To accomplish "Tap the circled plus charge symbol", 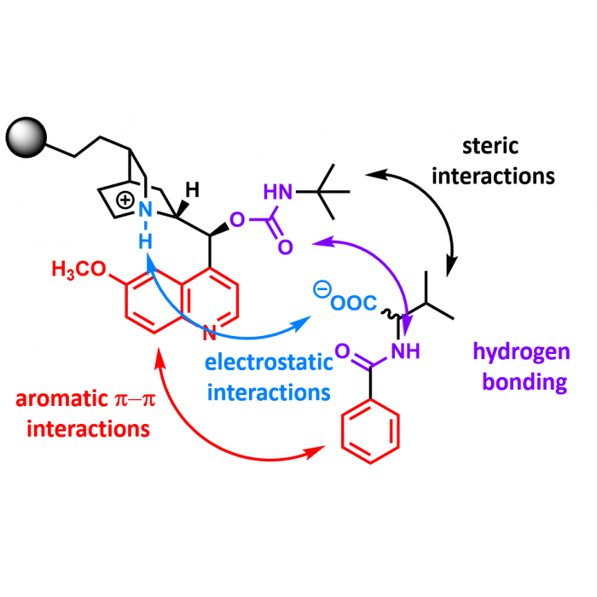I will [125, 201].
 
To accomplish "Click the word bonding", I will [523, 382].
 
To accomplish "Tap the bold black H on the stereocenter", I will [194, 190].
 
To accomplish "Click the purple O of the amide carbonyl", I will [342, 350].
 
